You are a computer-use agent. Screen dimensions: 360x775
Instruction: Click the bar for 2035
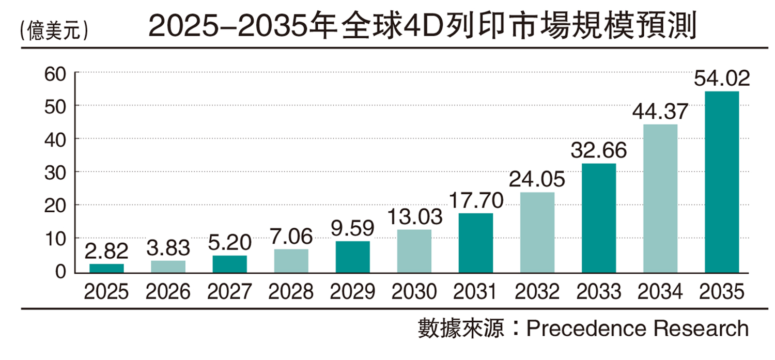tap(721, 182)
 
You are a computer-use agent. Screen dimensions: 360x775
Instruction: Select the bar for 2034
tap(660, 198)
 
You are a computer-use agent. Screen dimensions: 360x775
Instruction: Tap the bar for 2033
tap(598, 218)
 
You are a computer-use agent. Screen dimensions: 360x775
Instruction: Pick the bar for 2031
tap(475, 243)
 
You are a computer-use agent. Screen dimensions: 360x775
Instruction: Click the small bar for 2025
tap(106, 268)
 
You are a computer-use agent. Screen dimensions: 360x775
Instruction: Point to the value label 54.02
tap(721, 80)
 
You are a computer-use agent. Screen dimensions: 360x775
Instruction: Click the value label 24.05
tap(537, 180)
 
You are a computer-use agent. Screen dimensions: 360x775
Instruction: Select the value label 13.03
tap(414, 217)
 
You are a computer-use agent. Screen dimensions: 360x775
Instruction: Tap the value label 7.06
tap(291, 238)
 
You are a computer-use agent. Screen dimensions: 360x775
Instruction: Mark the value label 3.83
tap(168, 248)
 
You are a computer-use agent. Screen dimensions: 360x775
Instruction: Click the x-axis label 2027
tap(229, 292)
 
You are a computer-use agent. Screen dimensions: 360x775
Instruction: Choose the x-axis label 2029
tap(352, 292)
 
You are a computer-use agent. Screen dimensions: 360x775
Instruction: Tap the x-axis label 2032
tap(537, 292)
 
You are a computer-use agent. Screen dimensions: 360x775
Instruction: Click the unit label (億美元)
tap(53, 30)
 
